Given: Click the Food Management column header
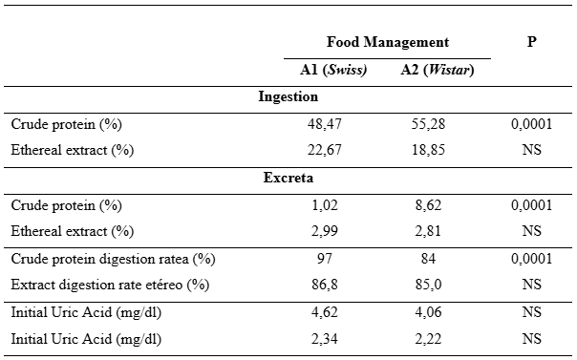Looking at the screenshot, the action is click(388, 42).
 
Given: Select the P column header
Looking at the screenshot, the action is click(532, 42).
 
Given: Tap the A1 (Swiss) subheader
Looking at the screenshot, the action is click(333, 70).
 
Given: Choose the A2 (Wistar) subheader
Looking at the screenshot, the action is click(438, 70).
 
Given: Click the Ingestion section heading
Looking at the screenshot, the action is click(288, 96).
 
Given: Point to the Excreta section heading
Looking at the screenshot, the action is click(288, 178).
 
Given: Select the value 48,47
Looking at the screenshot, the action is click(325, 124).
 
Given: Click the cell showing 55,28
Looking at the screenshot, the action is click(428, 124).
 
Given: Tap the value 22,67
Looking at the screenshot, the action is click(325, 150).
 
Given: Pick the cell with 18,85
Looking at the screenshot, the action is click(428, 150).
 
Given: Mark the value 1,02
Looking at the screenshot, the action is click(325, 205).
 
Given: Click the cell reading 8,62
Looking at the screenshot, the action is click(428, 205).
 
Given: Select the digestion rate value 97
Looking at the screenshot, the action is click(325, 259).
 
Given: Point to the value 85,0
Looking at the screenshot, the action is click(428, 285).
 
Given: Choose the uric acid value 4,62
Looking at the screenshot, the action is click(325, 312).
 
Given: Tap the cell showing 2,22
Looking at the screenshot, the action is click(428, 339).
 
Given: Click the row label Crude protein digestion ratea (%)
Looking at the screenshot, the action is click(113, 259).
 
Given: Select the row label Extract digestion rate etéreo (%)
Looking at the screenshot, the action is click(110, 285).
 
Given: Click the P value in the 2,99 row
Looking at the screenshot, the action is click(532, 231).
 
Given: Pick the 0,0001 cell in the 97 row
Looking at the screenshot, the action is click(532, 259).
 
